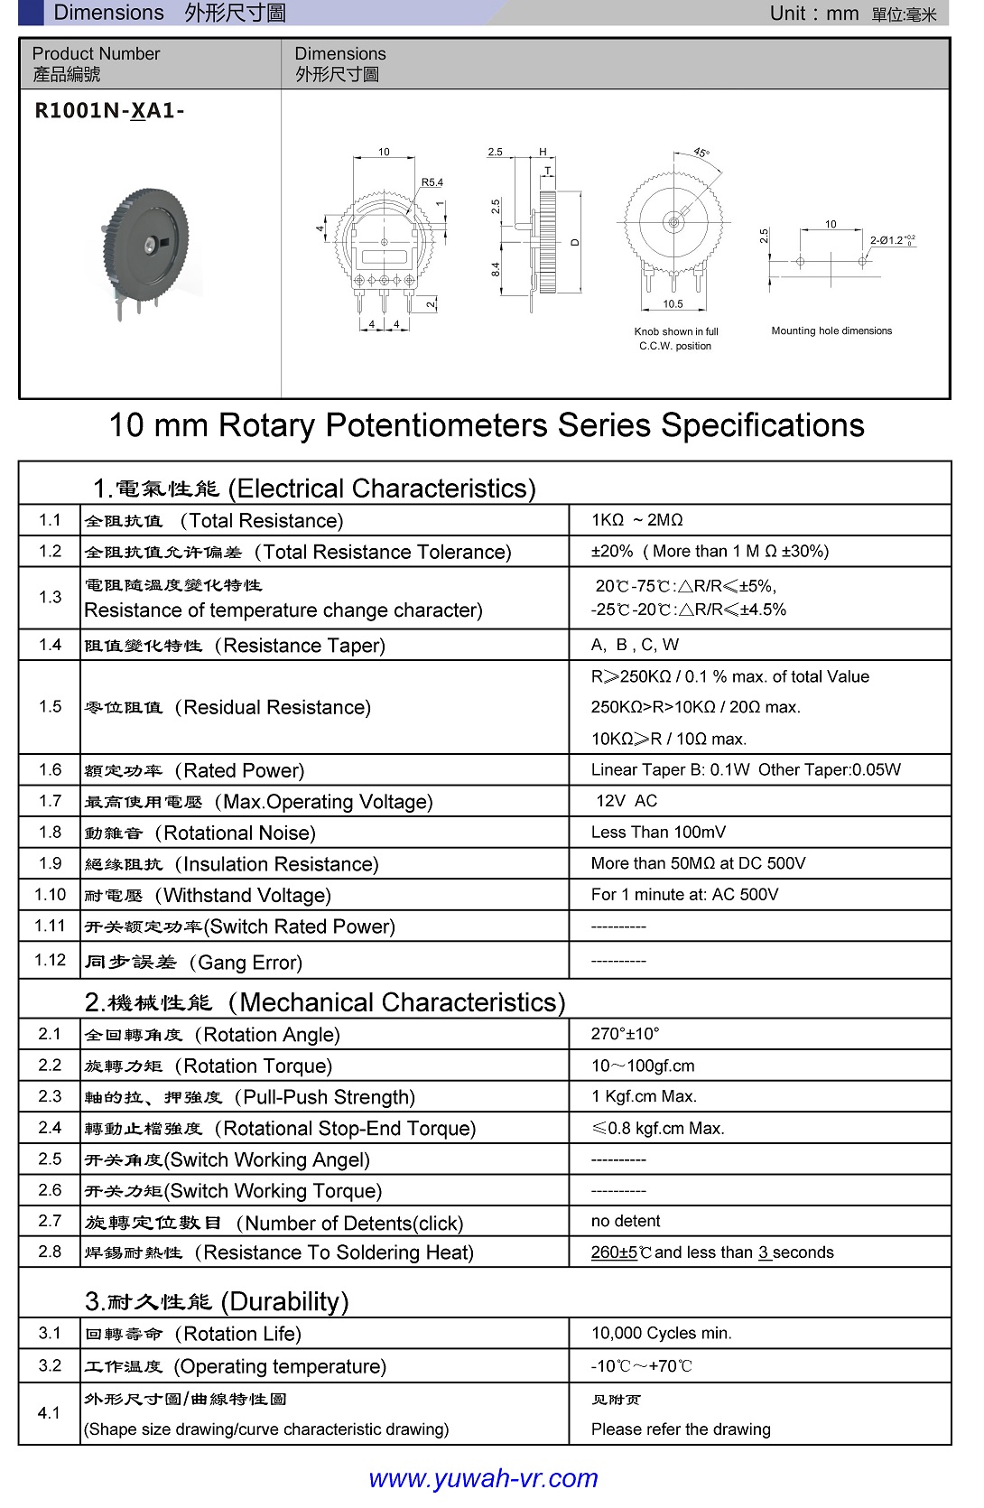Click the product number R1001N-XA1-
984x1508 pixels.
click(x=109, y=111)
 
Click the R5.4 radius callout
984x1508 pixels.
click(x=432, y=182)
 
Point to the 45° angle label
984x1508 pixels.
click(x=701, y=153)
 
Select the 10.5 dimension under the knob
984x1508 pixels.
click(x=673, y=304)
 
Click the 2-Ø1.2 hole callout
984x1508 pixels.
click(x=892, y=240)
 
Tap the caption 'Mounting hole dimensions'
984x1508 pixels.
click(x=831, y=331)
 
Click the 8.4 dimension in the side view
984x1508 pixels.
click(x=496, y=269)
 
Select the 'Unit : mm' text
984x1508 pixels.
click(x=813, y=14)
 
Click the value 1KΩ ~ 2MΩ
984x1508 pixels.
click(x=636, y=520)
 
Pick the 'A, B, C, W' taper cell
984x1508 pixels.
click(x=635, y=645)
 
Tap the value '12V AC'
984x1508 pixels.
click(x=627, y=801)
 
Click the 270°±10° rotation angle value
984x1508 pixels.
click(x=625, y=1034)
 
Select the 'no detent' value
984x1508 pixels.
click(x=626, y=1222)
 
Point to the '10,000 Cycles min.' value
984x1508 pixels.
click(x=662, y=1334)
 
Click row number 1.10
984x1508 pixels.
click(x=51, y=895)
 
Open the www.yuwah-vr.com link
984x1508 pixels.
click(x=483, y=1478)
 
